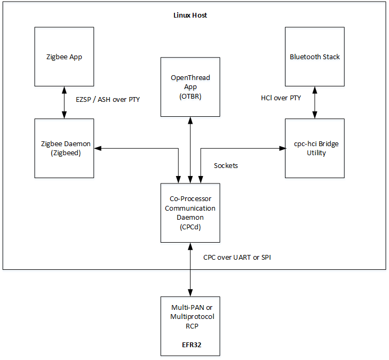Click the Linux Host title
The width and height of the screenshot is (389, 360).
[x=190, y=15]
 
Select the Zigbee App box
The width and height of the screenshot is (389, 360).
[x=64, y=57]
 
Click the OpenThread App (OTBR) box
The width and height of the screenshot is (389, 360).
[x=190, y=86]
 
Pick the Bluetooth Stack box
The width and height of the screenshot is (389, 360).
[x=314, y=57]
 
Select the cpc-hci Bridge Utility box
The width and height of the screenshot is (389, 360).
[x=314, y=148]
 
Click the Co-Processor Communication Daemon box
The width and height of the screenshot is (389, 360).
[x=190, y=212]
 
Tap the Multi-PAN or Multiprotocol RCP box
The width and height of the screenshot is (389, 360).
[x=190, y=326]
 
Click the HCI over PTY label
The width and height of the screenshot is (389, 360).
[x=282, y=98]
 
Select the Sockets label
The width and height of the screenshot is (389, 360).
[x=226, y=165]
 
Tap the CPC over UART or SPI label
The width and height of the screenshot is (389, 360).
[x=237, y=257]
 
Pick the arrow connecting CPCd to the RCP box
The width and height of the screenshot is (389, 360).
[x=190, y=269]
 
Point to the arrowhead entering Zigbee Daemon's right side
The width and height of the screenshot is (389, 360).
[x=98, y=148]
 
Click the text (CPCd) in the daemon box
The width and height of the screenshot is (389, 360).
[x=190, y=226]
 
